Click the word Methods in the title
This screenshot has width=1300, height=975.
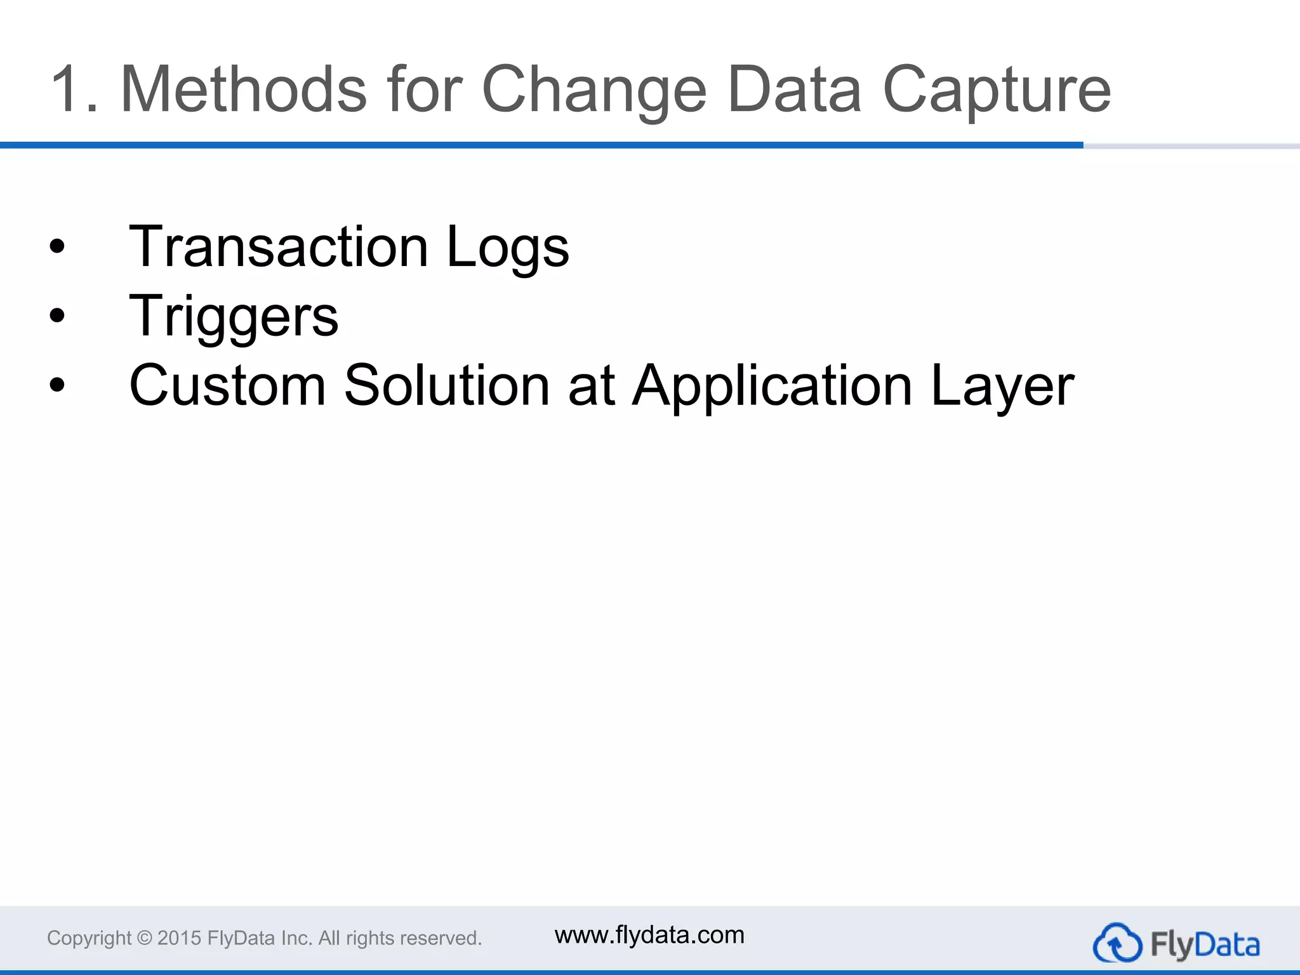click(x=243, y=90)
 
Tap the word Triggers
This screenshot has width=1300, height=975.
click(x=234, y=317)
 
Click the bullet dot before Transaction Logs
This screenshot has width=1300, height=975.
click(x=57, y=246)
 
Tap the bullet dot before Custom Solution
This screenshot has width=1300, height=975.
click(x=57, y=385)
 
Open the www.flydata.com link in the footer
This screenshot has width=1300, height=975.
click(x=649, y=935)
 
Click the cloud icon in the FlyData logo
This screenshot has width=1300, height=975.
click(x=1117, y=943)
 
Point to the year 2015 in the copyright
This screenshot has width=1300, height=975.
click(x=179, y=938)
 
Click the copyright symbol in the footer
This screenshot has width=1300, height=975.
click(x=145, y=938)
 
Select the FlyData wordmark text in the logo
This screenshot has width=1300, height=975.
click(x=1204, y=945)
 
